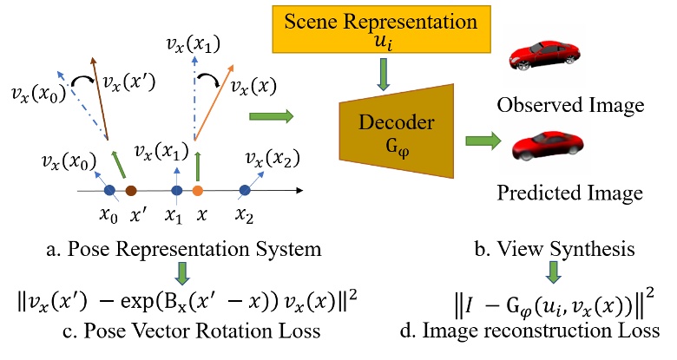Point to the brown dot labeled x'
pyautogui.click(x=131, y=190)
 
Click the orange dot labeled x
pyautogui.click(x=197, y=190)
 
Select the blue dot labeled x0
pyautogui.click(x=109, y=190)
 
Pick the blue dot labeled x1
pyautogui.click(x=176, y=190)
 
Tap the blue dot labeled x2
pyautogui.click(x=246, y=190)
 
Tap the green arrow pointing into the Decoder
pyautogui.click(x=269, y=115)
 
